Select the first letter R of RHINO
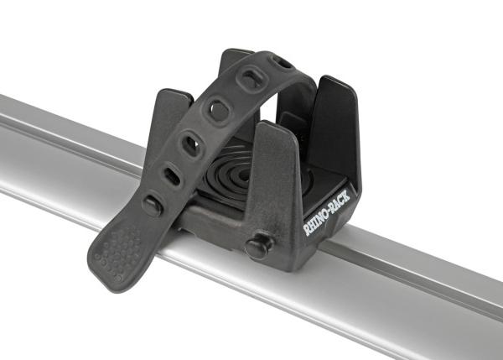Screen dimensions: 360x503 [x=305, y=229]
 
